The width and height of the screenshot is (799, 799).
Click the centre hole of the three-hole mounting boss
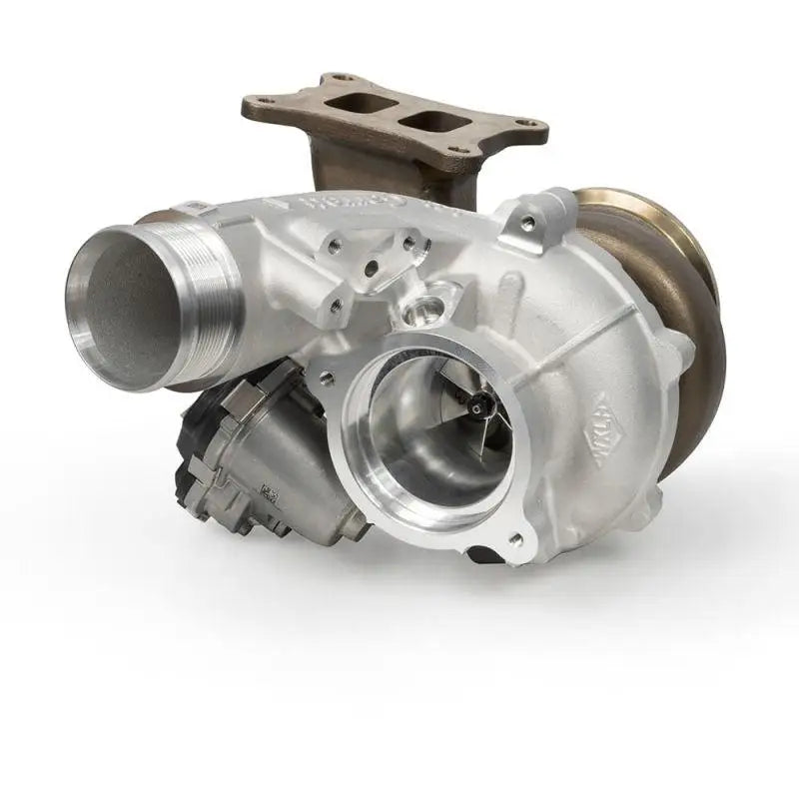[x=371, y=268]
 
